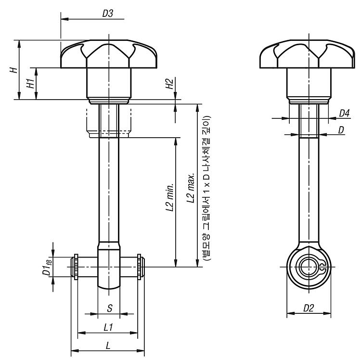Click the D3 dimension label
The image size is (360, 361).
point(108,13)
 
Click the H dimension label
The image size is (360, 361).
point(14,70)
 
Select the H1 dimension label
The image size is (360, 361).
point(31,83)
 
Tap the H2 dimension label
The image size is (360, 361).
point(169,84)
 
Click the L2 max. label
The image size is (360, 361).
point(191,188)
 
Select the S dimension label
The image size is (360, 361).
point(110,308)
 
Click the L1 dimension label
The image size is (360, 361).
point(108,327)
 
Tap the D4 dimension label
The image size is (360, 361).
point(344,113)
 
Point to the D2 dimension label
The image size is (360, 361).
point(309,308)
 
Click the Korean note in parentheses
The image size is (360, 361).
point(206,188)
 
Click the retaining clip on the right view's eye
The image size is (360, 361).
point(322,267)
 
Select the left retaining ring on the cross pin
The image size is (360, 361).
point(76,267)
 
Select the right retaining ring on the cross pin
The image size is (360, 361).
point(139,267)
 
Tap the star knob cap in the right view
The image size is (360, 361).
point(307,54)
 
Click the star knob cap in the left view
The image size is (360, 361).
point(109,54)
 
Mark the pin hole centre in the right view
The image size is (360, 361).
point(309,267)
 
